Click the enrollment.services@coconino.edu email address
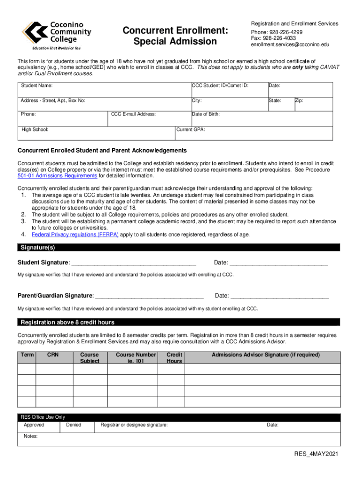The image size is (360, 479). [290, 45]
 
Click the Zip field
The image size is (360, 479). [313, 104]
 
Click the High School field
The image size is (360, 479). [96, 133]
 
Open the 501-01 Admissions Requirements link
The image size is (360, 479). [57, 176]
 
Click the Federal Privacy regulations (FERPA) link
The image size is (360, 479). [75, 234]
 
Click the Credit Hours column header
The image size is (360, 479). [174, 358]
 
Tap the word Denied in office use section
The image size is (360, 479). [73, 425]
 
